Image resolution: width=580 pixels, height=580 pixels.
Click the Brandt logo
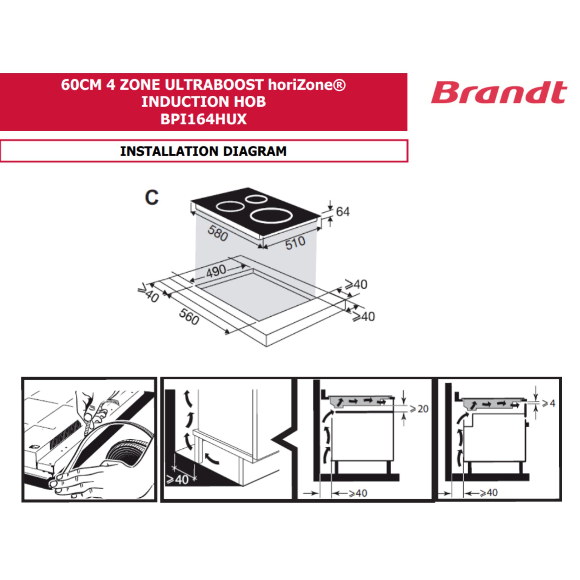tap(499, 92)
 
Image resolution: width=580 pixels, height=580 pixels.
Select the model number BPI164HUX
tap(204, 119)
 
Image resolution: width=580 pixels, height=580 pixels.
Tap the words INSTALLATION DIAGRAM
tap(204, 151)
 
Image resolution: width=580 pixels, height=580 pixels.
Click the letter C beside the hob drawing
tap(152, 197)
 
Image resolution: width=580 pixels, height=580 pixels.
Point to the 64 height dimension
tap(343, 212)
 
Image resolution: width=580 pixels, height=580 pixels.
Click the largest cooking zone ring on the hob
tap(272, 216)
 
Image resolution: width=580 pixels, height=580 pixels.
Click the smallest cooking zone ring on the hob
tap(256, 199)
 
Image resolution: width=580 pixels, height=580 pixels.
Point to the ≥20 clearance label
tap(419, 409)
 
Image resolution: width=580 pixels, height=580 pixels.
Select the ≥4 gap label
tap(548, 403)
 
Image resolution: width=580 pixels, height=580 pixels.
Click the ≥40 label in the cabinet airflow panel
tap(178, 480)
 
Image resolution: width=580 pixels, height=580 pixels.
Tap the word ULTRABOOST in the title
tap(214, 85)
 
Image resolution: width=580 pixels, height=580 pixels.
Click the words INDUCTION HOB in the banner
tap(204, 102)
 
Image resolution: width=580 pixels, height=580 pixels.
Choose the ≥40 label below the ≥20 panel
tap(358, 493)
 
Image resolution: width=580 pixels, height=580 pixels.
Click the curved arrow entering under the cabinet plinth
tap(212, 458)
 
